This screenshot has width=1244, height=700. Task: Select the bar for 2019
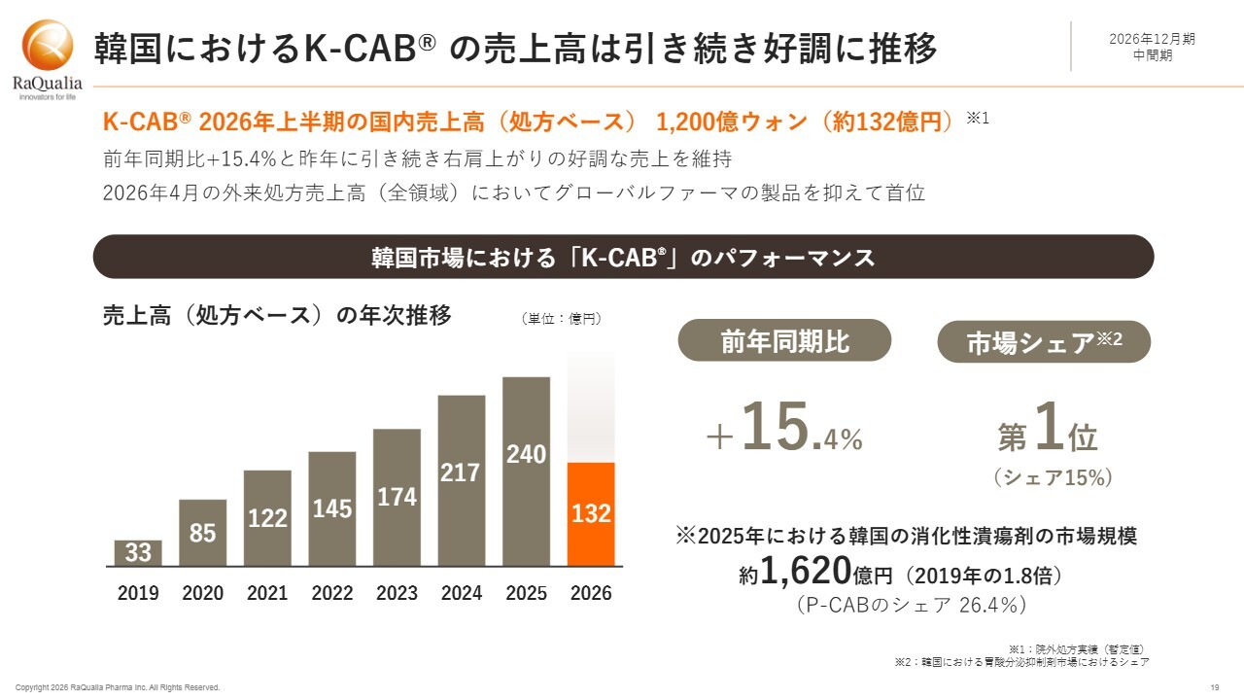tap(138, 553)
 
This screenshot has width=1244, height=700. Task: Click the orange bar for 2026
tap(591, 514)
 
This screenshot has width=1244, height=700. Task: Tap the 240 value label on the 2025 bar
tap(527, 454)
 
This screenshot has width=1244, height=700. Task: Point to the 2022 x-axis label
tap(332, 593)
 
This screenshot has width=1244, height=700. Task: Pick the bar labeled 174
tap(397, 498)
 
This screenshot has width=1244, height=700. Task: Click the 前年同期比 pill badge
tap(784, 340)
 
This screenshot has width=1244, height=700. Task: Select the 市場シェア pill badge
tap(1044, 341)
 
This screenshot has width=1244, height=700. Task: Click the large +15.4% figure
tap(784, 429)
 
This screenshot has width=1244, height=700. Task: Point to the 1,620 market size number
tap(806, 571)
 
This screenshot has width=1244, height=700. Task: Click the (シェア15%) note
tap(1053, 477)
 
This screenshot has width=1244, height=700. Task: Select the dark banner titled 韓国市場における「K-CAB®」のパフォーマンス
tap(623, 257)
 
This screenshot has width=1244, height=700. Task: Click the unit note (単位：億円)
tap(561, 319)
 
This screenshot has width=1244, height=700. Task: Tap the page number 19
tap(1215, 687)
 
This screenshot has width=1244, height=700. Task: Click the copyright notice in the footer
tap(118, 687)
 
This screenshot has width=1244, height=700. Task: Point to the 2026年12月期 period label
tap(1152, 39)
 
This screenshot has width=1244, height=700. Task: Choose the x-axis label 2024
tap(462, 593)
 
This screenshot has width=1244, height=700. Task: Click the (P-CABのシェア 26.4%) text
tap(912, 605)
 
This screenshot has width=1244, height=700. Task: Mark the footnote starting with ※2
tap(1021, 662)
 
